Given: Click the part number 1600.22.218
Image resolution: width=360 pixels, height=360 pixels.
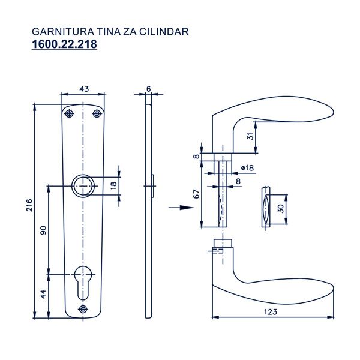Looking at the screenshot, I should (64, 44).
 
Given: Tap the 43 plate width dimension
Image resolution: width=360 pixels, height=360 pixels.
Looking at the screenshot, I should (83, 89).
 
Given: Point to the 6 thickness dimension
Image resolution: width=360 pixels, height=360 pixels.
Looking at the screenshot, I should (148, 89).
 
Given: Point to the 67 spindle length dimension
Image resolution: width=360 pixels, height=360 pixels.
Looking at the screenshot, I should (196, 193).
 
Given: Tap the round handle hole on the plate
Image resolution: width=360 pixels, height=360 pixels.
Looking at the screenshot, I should (82, 185).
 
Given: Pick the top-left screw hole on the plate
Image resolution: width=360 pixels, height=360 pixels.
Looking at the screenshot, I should (70, 113).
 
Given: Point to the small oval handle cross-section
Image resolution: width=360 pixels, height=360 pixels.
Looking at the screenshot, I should (264, 208).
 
